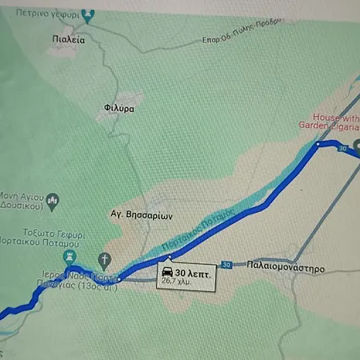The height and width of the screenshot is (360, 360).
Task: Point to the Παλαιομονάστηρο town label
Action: [x=286, y=269]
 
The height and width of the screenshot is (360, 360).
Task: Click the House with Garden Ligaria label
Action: [x=329, y=120]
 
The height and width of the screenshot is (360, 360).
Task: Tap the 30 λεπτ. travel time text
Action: [x=192, y=270]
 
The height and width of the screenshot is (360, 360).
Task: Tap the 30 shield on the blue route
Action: [x=342, y=149]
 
